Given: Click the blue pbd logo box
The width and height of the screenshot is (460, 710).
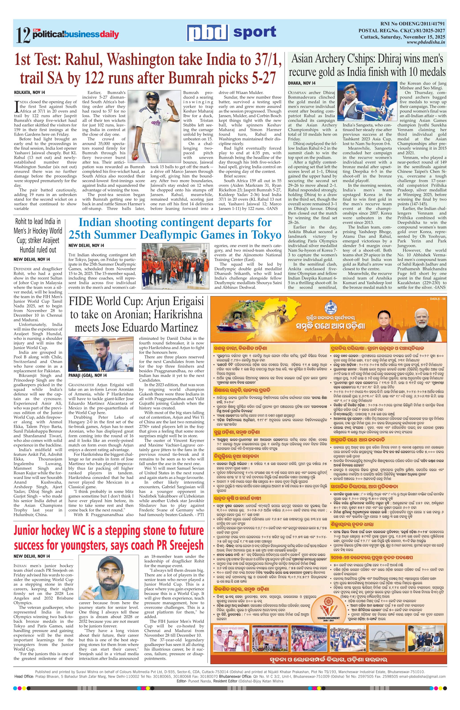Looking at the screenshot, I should coord(208,33).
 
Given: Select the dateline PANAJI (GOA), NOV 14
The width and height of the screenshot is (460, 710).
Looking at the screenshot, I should coord(88,375).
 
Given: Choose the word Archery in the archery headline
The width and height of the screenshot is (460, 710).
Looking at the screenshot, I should coord(335,59).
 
